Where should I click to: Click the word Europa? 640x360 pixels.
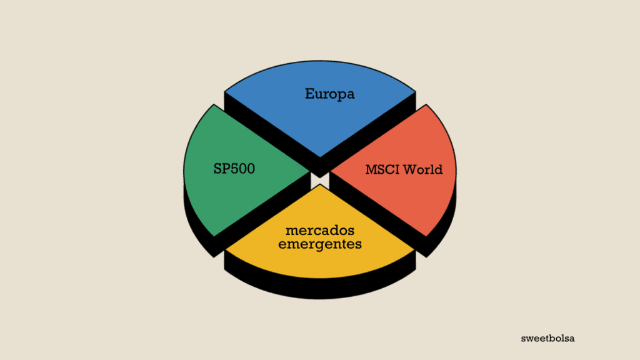pos(329,94)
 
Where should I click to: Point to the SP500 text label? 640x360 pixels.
pos(234,169)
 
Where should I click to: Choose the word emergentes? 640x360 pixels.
pos(319,244)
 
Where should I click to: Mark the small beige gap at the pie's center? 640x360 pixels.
pos(319,180)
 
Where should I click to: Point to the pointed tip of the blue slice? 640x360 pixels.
pos(319,157)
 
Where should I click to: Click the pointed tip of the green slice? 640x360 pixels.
pos(309,170)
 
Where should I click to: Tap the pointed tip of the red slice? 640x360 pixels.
pos(331,170)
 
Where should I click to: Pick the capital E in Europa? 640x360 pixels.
pos(309,94)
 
